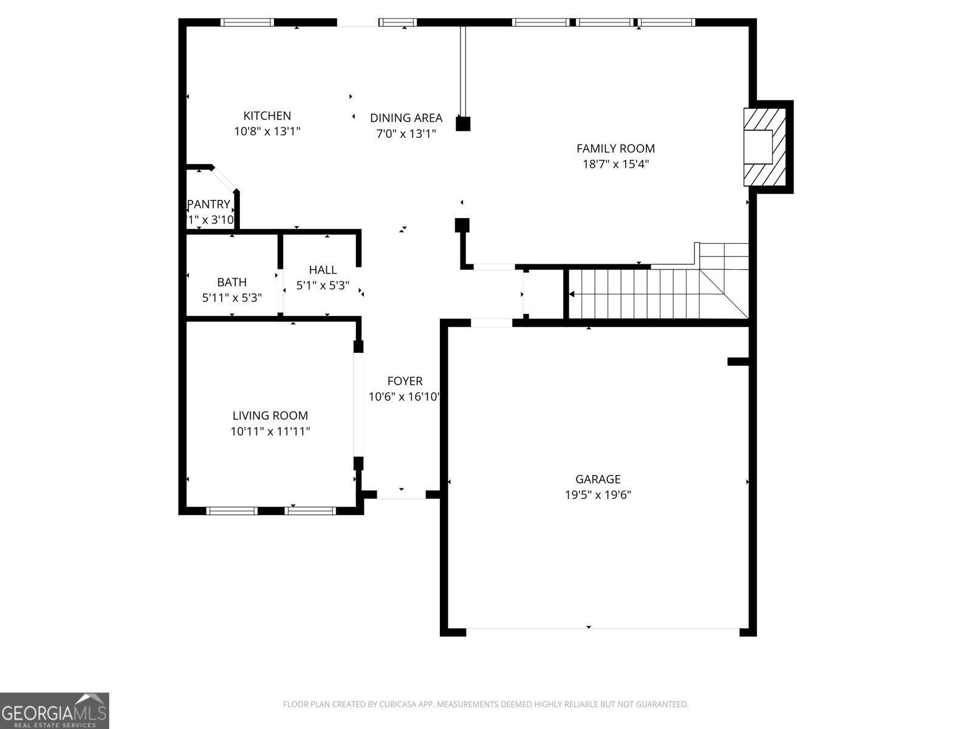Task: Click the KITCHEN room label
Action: click(267, 115)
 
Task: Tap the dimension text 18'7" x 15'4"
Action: click(615, 163)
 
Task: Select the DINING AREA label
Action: click(406, 118)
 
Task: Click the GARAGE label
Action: click(598, 479)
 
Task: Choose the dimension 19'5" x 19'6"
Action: click(598, 495)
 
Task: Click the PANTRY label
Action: click(209, 204)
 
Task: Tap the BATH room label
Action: click(232, 282)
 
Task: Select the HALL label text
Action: click(323, 270)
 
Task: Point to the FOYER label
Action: click(405, 381)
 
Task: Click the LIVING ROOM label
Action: click(270, 416)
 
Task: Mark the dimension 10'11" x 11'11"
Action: click(270, 431)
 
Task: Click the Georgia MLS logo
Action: click(55, 711)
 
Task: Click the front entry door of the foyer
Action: click(402, 495)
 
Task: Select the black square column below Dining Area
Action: click(463, 124)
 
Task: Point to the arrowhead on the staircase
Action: click(572, 295)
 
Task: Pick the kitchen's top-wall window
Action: click(247, 22)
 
